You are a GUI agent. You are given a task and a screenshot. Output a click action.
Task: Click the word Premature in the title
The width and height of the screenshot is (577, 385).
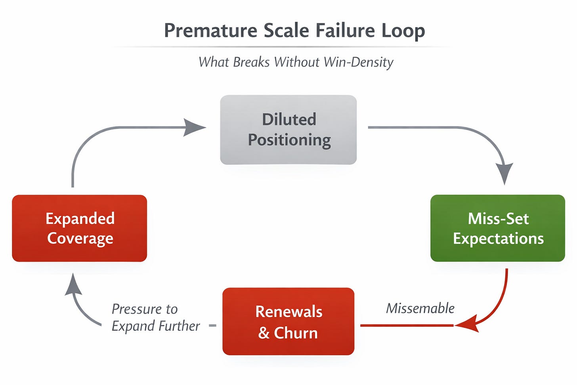pos(210,31)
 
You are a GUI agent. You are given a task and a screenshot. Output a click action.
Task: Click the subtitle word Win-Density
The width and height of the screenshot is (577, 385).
pos(358,62)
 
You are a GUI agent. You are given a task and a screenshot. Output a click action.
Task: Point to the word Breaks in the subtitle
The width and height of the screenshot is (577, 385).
pos(251,62)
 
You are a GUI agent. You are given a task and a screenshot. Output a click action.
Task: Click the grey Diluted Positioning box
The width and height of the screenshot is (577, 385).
pos(288,130)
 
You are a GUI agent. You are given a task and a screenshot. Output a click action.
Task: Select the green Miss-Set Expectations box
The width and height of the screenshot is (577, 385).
pos(497,228)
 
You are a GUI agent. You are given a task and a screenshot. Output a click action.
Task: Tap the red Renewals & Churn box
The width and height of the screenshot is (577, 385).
pos(288,321)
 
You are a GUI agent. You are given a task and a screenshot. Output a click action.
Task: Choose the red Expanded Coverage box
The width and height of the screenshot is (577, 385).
pos(80,228)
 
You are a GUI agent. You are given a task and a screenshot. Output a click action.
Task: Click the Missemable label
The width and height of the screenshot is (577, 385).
pos(420,308)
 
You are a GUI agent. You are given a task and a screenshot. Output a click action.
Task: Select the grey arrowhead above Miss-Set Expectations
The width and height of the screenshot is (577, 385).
pos(504,173)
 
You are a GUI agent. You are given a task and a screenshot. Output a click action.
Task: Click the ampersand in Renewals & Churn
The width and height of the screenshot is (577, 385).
pos(264,333)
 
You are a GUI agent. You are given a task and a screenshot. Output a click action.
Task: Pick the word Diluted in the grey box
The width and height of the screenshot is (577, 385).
pos(289,119)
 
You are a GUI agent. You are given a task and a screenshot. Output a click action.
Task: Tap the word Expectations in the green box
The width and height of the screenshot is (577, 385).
pos(498,238)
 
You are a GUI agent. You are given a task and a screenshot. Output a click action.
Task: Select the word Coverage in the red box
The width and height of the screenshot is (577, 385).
pos(80,238)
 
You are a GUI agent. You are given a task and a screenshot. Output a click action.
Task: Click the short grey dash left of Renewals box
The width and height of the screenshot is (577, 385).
pos(212,326)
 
